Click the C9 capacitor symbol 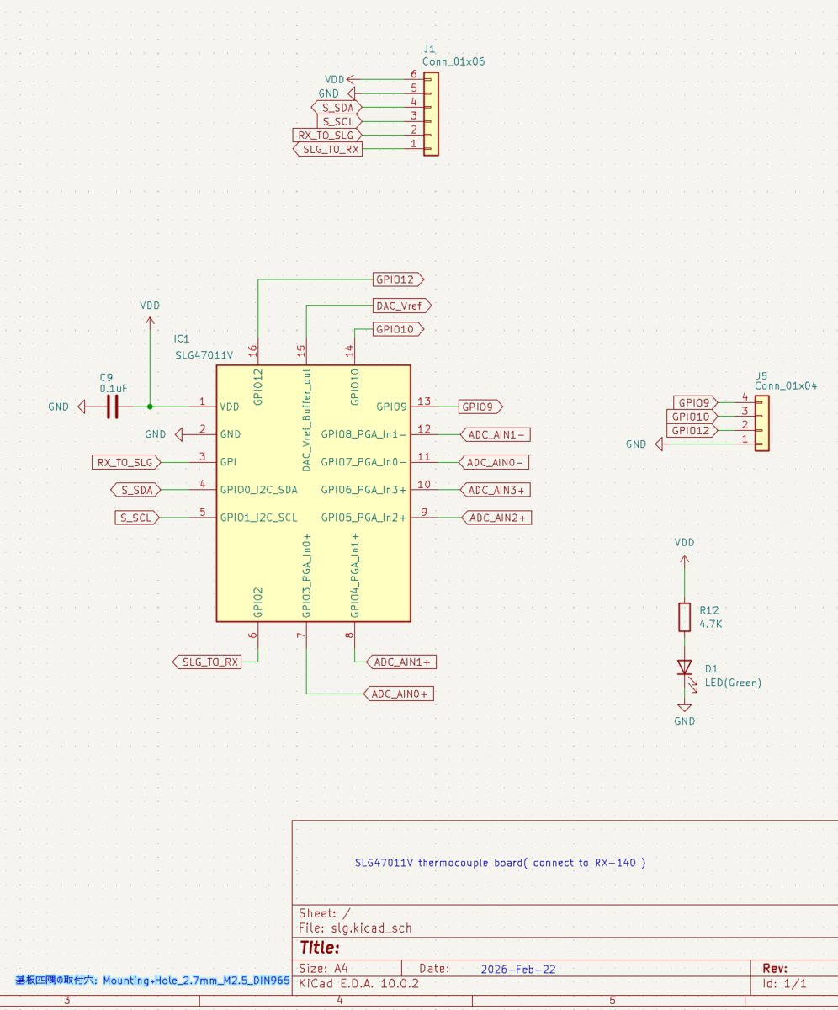point(113,407)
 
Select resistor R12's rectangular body point(684,617)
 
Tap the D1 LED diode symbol point(685,667)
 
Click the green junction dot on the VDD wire point(150,407)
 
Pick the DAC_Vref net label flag point(402,306)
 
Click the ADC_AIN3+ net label point(496,490)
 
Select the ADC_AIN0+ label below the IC point(399,694)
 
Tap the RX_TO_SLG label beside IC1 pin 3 point(125,462)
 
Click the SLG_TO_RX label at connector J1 point(327,150)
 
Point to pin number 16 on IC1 point(252,351)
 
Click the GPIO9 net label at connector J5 point(695,402)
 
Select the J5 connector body point(762,423)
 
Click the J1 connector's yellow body point(431,114)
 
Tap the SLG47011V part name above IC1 point(204,355)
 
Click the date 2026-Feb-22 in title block point(518,969)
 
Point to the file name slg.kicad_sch point(371,928)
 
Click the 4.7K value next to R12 point(711,624)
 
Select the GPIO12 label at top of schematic point(398,279)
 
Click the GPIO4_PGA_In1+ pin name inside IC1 point(355,576)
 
